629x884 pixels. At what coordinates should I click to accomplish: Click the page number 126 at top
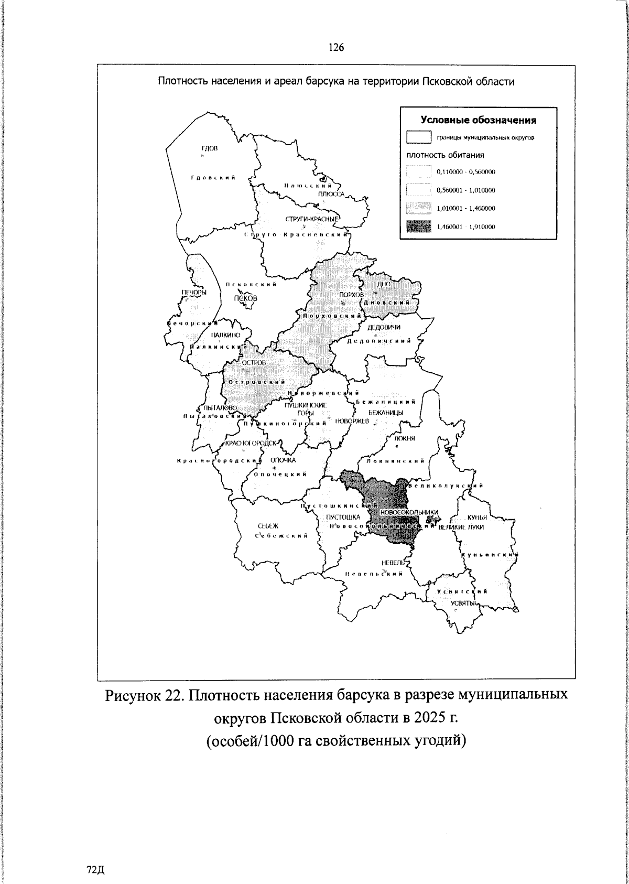(336, 48)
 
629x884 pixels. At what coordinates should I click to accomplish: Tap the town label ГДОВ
(209, 149)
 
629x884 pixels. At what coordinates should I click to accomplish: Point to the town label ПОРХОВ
(351, 295)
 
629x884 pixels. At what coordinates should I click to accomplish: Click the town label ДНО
(384, 284)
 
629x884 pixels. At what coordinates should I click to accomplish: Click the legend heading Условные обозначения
(478, 120)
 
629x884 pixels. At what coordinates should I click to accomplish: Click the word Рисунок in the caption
(138, 695)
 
